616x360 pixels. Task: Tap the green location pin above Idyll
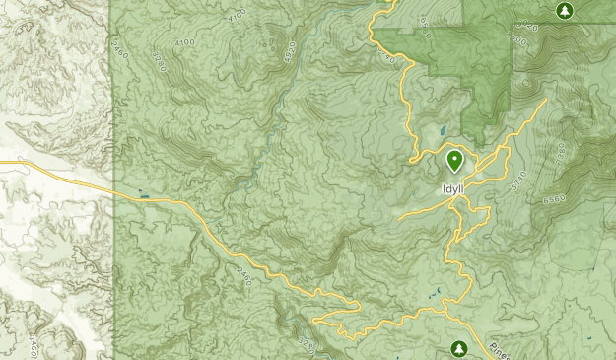click(455, 160)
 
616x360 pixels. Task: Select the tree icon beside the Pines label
click(459, 348)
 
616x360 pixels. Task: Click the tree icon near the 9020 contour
click(564, 11)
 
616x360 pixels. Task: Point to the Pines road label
click(500, 349)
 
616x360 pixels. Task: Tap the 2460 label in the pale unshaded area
click(34, 346)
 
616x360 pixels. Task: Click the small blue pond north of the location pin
click(443, 130)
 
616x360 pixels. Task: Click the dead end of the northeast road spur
click(543, 102)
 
